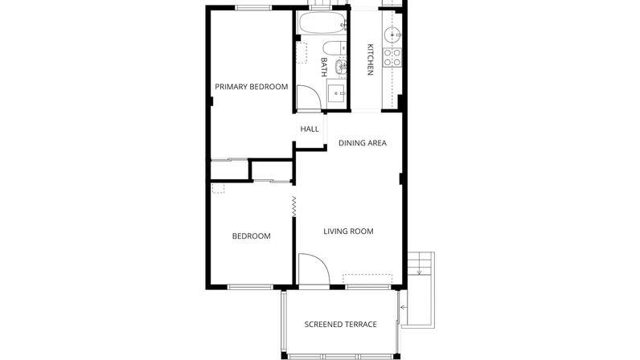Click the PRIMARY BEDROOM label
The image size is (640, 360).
pyautogui.click(x=252, y=87)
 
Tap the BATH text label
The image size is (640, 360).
pyautogui.click(x=324, y=67)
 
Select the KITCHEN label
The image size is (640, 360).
pyautogui.click(x=370, y=59)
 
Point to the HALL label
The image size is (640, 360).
pyautogui.click(x=310, y=129)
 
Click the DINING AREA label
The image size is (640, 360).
pyautogui.click(x=363, y=143)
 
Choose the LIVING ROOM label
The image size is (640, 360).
pyautogui.click(x=348, y=231)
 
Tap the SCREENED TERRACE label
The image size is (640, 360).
pyautogui.click(x=340, y=325)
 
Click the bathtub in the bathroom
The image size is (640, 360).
pyautogui.click(x=322, y=22)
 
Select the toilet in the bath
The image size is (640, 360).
pyautogui.click(x=334, y=48)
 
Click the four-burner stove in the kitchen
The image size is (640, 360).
pyautogui.click(x=392, y=58)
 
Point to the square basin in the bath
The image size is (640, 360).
pyautogui.click(x=337, y=93)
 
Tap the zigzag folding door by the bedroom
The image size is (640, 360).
pyautogui.click(x=294, y=207)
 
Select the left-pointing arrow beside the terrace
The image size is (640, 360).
pyautogui.click(x=404, y=307)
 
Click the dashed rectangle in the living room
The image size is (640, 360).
pyautogui.click(x=367, y=279)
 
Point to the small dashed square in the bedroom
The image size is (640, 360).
pyautogui.click(x=219, y=188)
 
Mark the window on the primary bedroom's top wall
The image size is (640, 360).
pyautogui.click(x=253, y=8)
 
